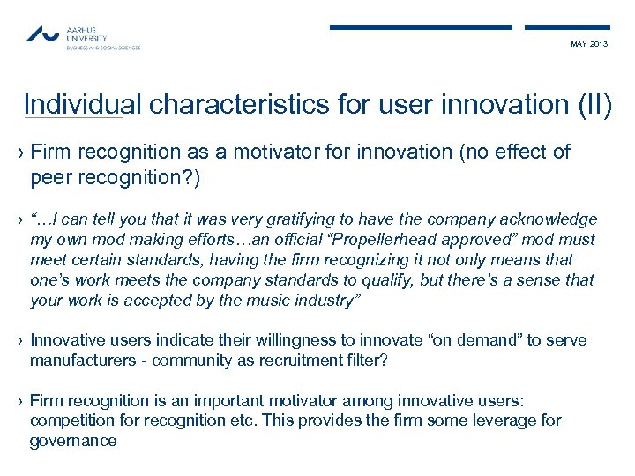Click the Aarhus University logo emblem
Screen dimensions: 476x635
click(43, 33)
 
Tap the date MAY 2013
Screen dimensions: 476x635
click(590, 44)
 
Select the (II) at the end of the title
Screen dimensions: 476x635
click(590, 104)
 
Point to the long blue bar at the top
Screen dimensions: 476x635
click(421, 27)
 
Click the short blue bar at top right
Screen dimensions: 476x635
click(566, 27)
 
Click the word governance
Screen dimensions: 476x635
click(72, 441)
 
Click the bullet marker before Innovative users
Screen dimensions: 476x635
click(20, 341)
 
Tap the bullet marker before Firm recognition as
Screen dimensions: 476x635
click(20, 152)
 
